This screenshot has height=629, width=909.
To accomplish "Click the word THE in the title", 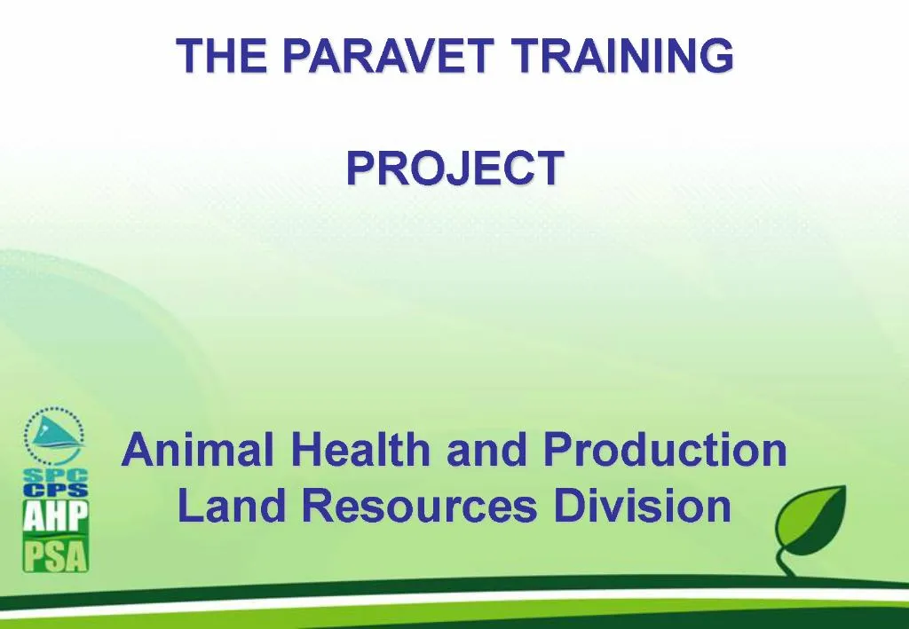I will click(x=211, y=56).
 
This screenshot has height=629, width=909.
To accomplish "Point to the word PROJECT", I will click(x=454, y=168).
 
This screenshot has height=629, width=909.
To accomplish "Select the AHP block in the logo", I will click(x=55, y=518).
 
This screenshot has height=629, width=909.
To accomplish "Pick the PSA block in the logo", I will click(x=55, y=556).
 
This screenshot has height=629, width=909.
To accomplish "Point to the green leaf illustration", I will click(x=810, y=519).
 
